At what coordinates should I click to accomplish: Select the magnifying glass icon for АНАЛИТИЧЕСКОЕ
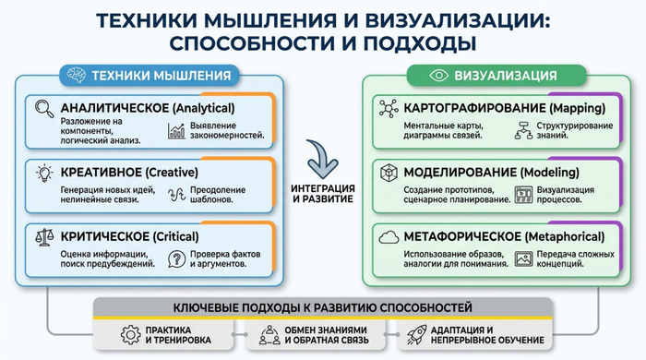pos(42,109)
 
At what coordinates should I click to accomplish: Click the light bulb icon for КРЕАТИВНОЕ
pos(42,174)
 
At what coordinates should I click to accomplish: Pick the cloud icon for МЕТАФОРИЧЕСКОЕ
pos(388,238)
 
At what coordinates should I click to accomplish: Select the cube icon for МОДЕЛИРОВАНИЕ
pos(388,174)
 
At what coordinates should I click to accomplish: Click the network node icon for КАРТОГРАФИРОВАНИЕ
pos(388,109)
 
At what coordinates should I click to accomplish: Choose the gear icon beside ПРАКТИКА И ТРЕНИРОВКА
pos(129,334)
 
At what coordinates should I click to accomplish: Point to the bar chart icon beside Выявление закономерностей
pos(175,131)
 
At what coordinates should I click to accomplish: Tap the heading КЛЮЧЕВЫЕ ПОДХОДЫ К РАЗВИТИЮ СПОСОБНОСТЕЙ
pos(322,306)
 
